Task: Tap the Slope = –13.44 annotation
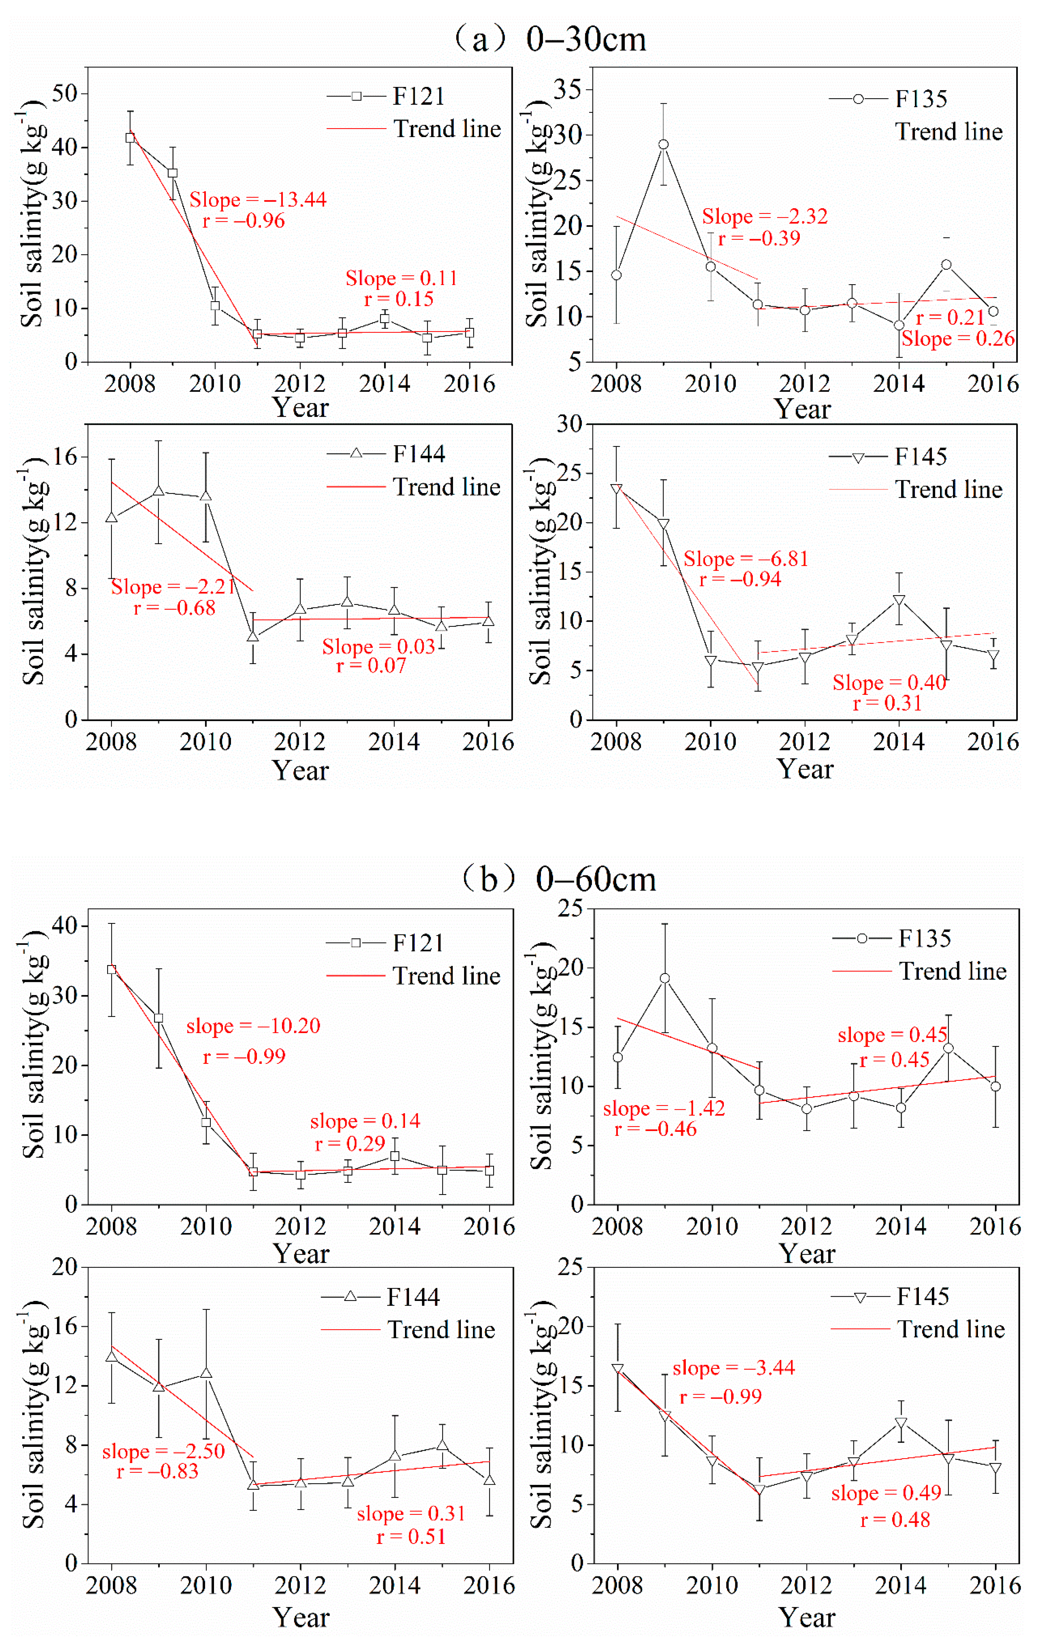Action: pyautogui.click(x=258, y=200)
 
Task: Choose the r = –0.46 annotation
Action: pyautogui.click(x=655, y=1129)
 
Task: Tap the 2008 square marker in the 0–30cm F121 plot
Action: pyautogui.click(x=130, y=138)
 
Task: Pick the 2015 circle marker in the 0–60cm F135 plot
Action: pyautogui.click(x=948, y=1048)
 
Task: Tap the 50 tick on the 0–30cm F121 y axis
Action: pyautogui.click(x=66, y=93)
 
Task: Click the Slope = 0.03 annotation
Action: pyautogui.click(x=379, y=646)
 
